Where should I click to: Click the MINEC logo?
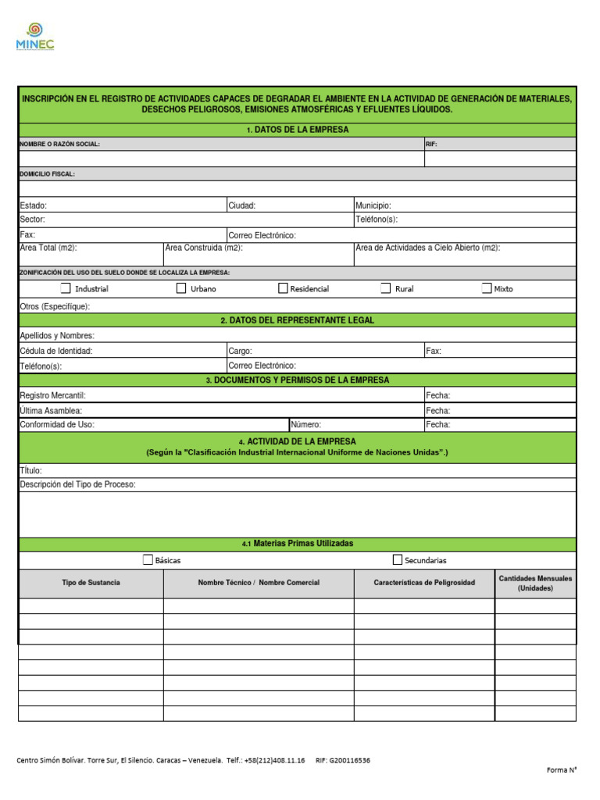point(35,37)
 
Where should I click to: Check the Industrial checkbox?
point(66,288)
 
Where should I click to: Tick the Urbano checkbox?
point(181,288)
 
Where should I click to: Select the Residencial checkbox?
point(283,288)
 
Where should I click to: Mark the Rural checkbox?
point(385,288)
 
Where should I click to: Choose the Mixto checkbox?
point(487,288)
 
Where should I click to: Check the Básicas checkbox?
point(148,559)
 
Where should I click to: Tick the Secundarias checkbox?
point(398,559)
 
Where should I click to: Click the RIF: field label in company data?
point(431,145)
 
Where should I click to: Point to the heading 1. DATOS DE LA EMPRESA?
point(298,130)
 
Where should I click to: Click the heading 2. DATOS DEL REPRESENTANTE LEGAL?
point(298,320)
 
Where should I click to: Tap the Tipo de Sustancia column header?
point(91,583)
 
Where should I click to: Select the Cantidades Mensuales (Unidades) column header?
point(535,583)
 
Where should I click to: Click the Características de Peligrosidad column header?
point(424,583)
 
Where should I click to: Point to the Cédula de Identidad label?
point(56,352)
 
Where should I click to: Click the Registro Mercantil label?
point(52,395)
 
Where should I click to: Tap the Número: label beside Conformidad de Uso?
point(306,425)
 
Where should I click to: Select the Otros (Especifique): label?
point(55,306)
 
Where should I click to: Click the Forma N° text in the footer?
point(561,770)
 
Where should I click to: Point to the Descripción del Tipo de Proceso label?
point(77,484)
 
